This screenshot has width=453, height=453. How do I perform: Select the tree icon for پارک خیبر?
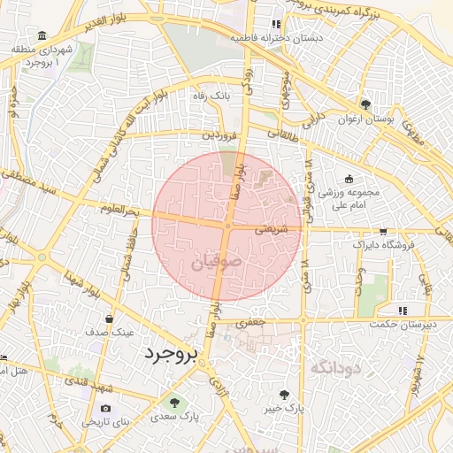(284, 395)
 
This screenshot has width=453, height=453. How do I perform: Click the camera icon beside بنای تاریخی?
(106, 409)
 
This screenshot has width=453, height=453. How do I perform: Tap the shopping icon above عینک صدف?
(110, 319)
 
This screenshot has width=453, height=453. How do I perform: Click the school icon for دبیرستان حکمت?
(403, 311)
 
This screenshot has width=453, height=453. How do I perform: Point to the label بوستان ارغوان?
(366, 119)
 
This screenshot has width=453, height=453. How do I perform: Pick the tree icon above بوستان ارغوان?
(366, 104)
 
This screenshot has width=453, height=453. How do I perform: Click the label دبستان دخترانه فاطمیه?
(277, 38)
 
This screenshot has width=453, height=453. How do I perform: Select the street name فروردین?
(219, 135)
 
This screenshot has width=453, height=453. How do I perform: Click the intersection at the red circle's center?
(227, 226)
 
